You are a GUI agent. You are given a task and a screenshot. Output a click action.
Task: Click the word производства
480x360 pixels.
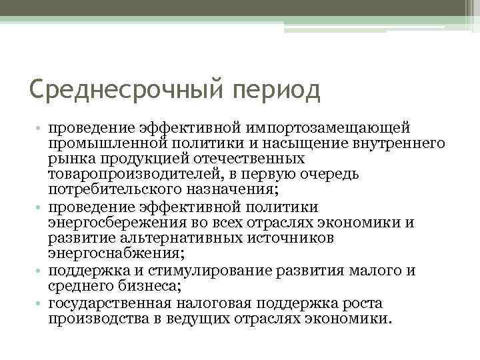point(95,319)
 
